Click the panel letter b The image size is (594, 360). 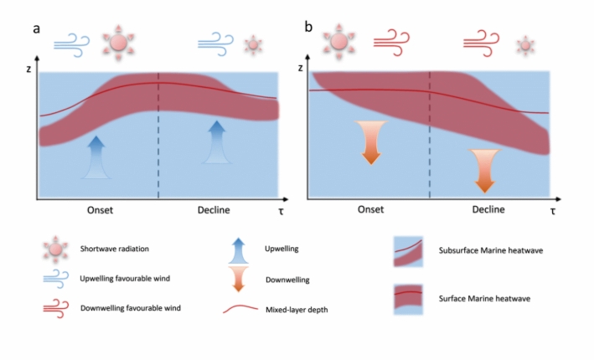pos(309,28)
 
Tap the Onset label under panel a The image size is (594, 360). pos(98,209)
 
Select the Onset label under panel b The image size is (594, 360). pos(369,209)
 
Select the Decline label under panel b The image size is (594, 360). pos(488,209)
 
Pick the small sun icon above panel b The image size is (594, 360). pos(525,44)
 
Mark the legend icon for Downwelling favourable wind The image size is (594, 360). pos(56,307)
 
